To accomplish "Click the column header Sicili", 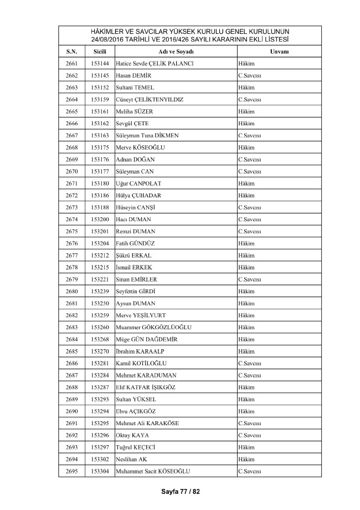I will [x=100, y=51].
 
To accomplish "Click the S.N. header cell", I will [x=71, y=51].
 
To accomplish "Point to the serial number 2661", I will [x=71, y=63].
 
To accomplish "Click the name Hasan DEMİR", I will [x=133, y=75].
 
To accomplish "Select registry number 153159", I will [x=100, y=99].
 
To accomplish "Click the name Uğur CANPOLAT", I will [x=137, y=183].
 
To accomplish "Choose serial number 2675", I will [x=71, y=231].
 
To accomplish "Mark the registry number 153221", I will [x=100, y=279].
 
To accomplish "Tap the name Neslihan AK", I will [x=132, y=460].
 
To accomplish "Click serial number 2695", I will [x=71, y=471].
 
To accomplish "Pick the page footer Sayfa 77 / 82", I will [x=180, y=492].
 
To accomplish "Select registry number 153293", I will [x=100, y=399].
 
